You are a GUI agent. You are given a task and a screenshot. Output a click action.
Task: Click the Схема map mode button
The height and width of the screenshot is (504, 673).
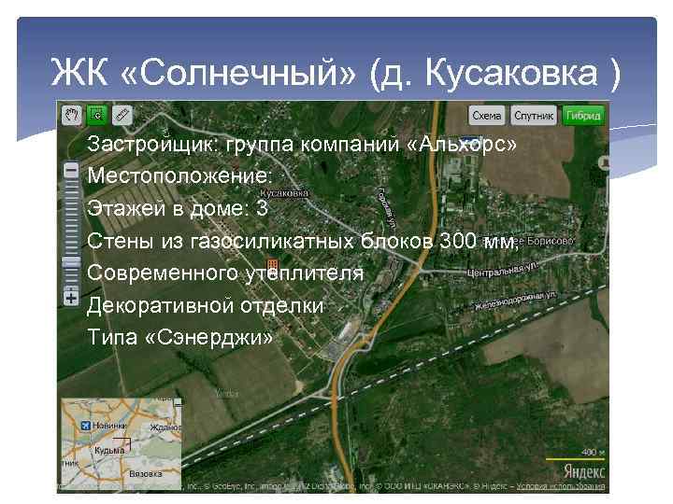[486, 116]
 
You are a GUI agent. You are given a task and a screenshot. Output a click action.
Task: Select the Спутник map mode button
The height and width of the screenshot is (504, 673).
[533, 116]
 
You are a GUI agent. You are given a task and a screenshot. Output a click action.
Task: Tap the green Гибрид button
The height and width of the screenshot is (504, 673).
[582, 116]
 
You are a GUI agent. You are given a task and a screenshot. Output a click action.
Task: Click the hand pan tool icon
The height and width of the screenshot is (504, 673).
[71, 115]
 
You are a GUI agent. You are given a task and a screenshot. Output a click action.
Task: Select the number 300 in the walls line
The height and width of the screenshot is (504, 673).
[459, 241]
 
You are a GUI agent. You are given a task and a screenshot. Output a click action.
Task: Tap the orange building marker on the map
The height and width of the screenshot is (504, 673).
[272, 265]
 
